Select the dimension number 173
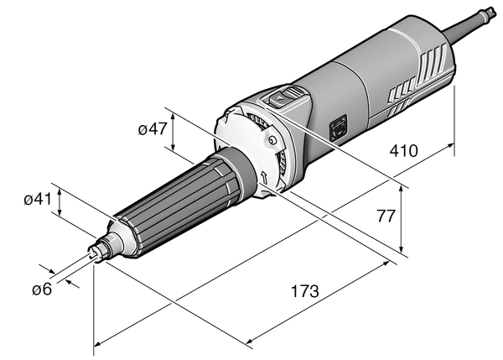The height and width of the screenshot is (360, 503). tap(303, 293)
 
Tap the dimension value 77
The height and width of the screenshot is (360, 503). tap(385, 216)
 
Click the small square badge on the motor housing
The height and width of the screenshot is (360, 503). tap(340, 127)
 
